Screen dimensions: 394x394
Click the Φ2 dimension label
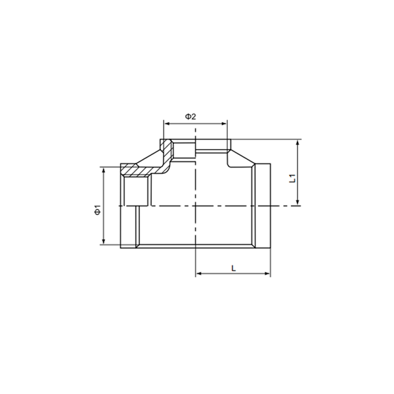190,117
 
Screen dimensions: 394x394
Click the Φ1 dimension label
97,210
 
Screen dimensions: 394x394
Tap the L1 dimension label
292,178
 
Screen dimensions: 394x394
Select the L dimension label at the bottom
233,268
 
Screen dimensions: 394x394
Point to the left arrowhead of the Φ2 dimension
167,123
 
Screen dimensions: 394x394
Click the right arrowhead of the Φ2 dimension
224,123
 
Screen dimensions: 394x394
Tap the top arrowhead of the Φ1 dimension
104,170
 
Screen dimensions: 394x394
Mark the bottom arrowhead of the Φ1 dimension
104,241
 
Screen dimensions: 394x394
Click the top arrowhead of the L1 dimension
297,142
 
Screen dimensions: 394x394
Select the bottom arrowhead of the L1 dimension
297,202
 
